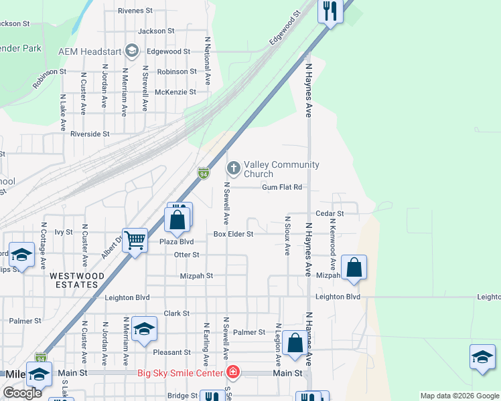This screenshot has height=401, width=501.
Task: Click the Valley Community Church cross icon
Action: click(234, 167)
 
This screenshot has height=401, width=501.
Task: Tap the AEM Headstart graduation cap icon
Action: click(132, 51)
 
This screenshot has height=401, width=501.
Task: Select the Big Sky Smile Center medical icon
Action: click(232, 372)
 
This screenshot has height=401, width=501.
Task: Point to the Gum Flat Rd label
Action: click(282, 188)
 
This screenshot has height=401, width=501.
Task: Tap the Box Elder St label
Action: click(233, 235)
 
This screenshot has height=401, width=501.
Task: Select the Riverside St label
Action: click(90, 134)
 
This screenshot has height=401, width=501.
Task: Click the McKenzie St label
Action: click(175, 92)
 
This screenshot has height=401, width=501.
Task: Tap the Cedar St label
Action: click(330, 214)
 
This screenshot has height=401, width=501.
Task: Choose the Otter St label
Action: click(186, 255)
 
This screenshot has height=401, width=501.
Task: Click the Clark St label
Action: click(177, 313)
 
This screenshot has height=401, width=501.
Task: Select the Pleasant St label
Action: click(171, 352)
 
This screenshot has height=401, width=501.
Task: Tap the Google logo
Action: click(22, 393)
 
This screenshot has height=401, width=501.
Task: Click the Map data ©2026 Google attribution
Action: click(459, 396)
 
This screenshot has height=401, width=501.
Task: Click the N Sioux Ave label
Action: click(287, 235)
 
